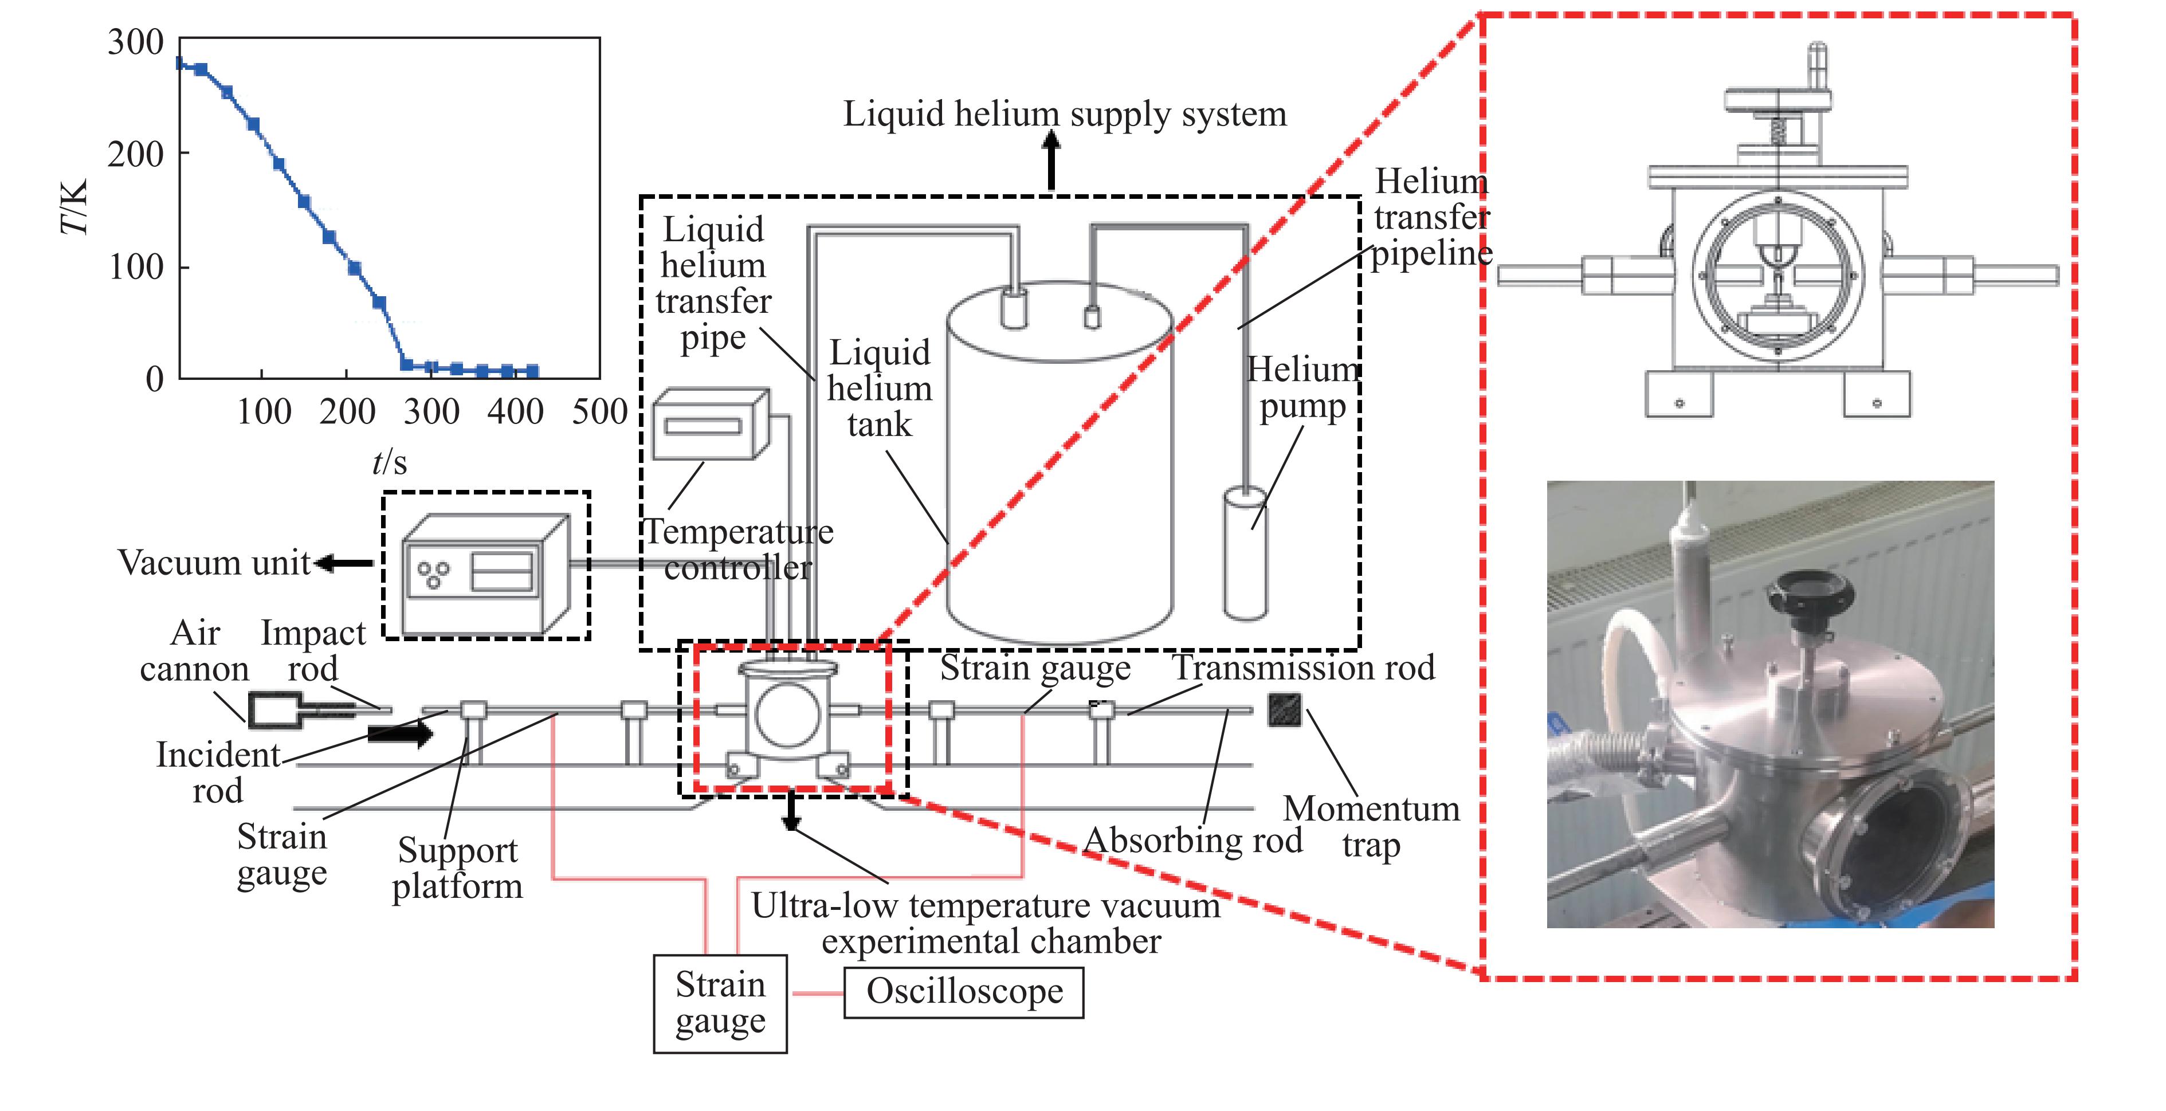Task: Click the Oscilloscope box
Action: pyautogui.click(x=964, y=992)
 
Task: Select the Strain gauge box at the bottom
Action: pyautogui.click(x=721, y=1003)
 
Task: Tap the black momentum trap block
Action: pyautogui.click(x=1285, y=710)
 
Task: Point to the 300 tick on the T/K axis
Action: pyautogui.click(x=135, y=42)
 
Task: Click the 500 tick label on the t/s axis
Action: pyautogui.click(x=599, y=412)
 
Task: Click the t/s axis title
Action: pyautogui.click(x=389, y=462)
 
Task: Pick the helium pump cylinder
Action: pyautogui.click(x=1245, y=553)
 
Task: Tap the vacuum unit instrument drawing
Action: pyautogui.click(x=486, y=574)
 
